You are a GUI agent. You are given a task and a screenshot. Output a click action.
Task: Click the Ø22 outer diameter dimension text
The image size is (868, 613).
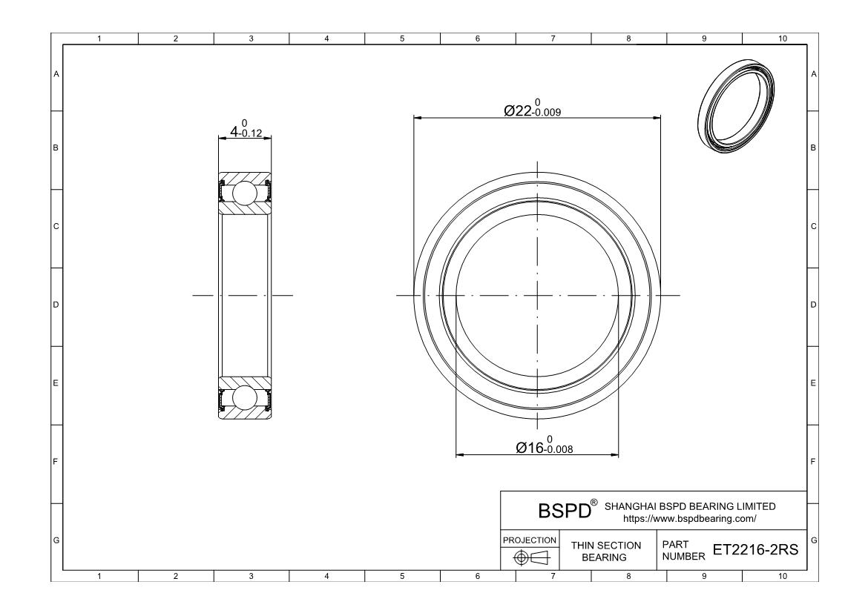[532, 108]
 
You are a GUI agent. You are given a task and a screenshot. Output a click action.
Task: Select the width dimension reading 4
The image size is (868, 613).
[246, 129]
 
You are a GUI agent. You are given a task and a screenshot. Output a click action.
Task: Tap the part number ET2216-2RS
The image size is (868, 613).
[755, 549]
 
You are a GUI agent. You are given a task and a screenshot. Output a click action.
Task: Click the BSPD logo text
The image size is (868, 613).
[565, 511]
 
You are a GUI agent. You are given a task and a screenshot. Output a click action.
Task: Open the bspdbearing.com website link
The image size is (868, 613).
[689, 519]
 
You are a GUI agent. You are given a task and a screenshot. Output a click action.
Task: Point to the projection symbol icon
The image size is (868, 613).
[530, 557]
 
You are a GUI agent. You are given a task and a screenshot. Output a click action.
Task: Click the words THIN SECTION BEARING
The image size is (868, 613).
[605, 551]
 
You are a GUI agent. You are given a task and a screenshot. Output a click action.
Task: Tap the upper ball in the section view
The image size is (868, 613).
[244, 193]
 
